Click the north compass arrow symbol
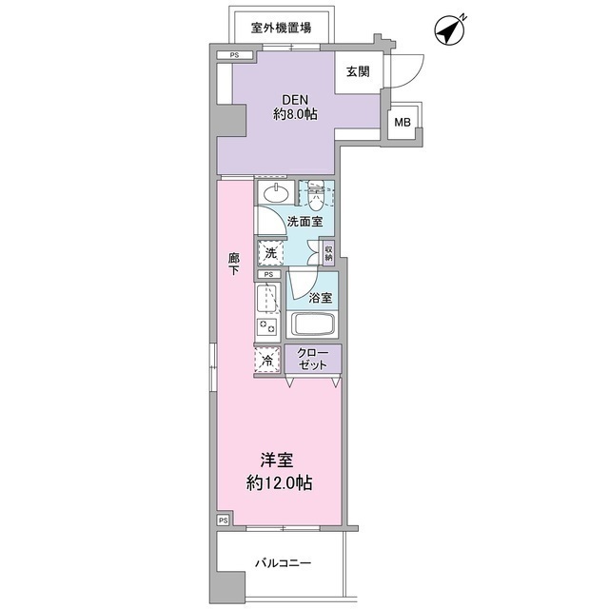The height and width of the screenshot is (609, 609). pyautogui.click(x=450, y=30)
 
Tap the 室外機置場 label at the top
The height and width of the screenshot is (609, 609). pyautogui.click(x=281, y=28)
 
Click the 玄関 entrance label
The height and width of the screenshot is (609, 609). pyautogui.click(x=358, y=71)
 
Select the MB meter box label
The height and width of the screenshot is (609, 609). pyautogui.click(x=403, y=123)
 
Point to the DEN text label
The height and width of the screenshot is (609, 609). pyautogui.click(x=295, y=100)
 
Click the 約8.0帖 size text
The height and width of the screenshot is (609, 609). pyautogui.click(x=295, y=114)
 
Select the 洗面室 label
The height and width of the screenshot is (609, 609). pyautogui.click(x=304, y=222)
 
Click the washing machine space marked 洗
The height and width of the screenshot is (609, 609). pyautogui.click(x=270, y=253)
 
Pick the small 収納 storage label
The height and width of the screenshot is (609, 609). pyautogui.click(x=328, y=253)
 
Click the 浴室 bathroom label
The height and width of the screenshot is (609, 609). pyautogui.click(x=321, y=298)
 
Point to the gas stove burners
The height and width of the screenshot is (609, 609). pyautogui.click(x=266, y=326)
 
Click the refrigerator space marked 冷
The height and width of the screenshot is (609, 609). pyautogui.click(x=267, y=360)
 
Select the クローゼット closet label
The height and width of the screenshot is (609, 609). pyautogui.click(x=312, y=359)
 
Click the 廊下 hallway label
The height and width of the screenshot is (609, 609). pyautogui.click(x=234, y=264)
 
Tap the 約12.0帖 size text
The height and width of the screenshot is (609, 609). pyautogui.click(x=279, y=483)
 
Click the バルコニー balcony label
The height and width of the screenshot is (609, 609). pyautogui.click(x=284, y=563)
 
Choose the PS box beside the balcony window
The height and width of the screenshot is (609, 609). pyautogui.click(x=223, y=521)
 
